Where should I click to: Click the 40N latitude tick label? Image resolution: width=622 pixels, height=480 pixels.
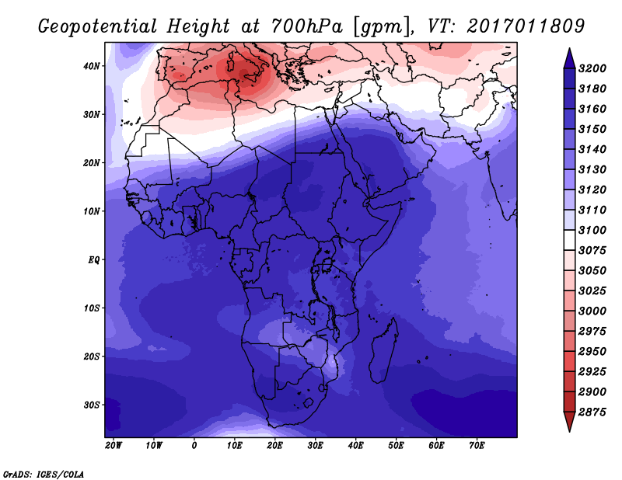(x=92, y=66)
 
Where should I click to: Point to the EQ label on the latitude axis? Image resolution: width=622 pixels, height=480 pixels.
(x=93, y=259)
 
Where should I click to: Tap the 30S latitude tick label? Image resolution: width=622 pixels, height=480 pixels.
(x=92, y=405)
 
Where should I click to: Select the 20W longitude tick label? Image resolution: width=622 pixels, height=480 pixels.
(x=114, y=446)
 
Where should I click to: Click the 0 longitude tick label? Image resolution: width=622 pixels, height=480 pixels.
(x=194, y=446)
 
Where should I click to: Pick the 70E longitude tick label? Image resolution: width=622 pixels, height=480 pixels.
(x=477, y=446)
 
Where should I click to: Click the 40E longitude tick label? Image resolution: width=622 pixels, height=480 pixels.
(x=356, y=446)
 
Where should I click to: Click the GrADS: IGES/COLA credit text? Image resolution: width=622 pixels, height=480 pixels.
(x=44, y=473)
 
